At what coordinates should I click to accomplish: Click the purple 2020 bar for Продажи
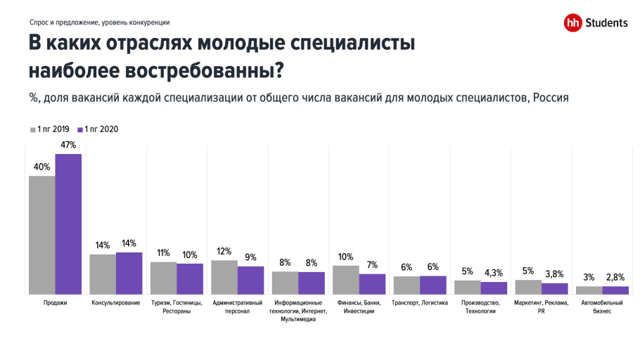(68, 224)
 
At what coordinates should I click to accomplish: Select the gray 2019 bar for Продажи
(41, 235)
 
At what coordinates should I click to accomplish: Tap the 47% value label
(68, 145)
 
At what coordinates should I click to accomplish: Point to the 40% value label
(41, 167)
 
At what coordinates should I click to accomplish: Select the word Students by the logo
(606, 23)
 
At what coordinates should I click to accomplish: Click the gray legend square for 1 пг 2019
(32, 129)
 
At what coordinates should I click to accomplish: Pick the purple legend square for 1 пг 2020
(81, 129)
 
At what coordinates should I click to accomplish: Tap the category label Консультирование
(115, 303)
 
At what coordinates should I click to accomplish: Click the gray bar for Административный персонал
(224, 277)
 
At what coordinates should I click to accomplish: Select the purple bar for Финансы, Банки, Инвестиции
(372, 284)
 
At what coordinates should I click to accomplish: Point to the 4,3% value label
(493, 273)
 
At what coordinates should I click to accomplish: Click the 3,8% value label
(554, 274)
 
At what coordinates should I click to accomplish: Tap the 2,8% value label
(615, 277)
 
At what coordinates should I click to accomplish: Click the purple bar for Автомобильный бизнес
(615, 290)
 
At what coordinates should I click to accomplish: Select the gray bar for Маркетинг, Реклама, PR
(527, 287)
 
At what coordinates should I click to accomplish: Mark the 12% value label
(224, 251)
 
